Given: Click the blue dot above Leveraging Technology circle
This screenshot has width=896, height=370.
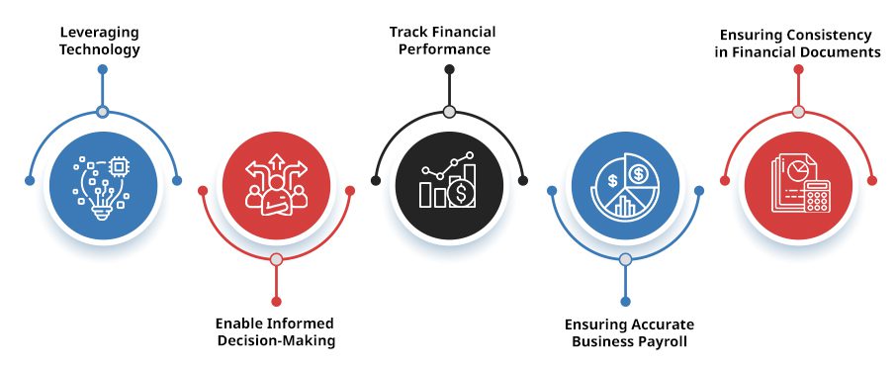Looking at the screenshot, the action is tap(102, 70).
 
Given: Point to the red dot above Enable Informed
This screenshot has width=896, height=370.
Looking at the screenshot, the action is tap(276, 301).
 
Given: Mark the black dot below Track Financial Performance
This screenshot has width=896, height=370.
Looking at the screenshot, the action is tap(449, 70).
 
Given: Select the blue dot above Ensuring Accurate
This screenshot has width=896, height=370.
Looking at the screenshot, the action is tap(624, 301).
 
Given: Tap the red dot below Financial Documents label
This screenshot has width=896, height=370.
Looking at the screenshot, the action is tap(798, 70).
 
